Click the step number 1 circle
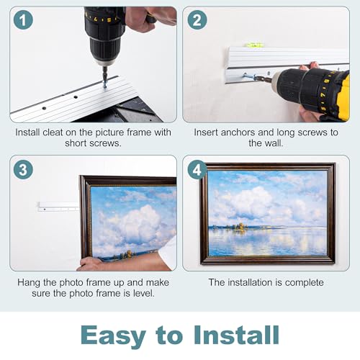click(23, 20)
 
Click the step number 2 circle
click(197, 20)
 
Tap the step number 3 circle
click(23, 170)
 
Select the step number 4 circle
click(197, 170)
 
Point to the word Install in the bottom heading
click(237, 335)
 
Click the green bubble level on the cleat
click(253, 45)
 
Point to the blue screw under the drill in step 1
click(104, 84)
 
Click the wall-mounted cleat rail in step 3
click(58, 207)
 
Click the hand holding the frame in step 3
click(91, 264)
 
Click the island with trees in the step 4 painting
click(237, 227)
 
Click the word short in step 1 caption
click(77, 143)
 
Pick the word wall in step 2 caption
click(274, 143)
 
